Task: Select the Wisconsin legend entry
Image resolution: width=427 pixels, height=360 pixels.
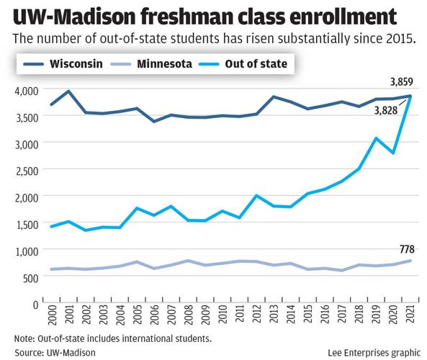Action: pyautogui.click(x=71, y=64)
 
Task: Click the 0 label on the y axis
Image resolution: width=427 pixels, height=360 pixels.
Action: pyautogui.click(x=35, y=302)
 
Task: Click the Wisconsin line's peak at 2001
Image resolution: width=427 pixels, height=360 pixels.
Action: pyautogui.click(x=68, y=91)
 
